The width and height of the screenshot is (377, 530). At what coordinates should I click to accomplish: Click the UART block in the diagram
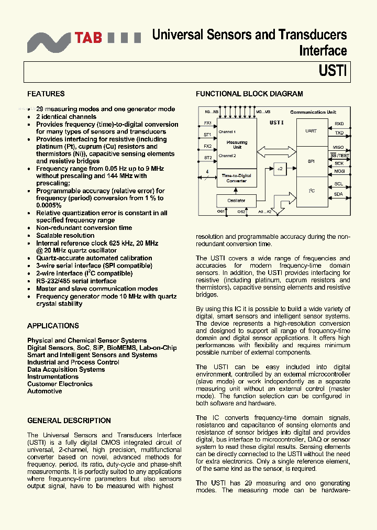point(311,131)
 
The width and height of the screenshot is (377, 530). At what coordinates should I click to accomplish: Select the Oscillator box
point(237,201)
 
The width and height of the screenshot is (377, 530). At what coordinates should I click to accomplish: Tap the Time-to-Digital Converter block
point(237,178)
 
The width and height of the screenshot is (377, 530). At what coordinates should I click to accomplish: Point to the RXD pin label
point(339,124)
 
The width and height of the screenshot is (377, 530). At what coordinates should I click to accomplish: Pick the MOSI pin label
point(339,171)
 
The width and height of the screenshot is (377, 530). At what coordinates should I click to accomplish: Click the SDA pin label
point(339,194)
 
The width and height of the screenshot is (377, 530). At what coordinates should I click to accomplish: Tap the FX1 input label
point(208,123)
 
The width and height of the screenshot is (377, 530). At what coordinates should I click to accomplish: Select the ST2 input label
point(208,158)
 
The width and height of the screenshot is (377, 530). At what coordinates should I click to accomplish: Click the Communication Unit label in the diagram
point(313,112)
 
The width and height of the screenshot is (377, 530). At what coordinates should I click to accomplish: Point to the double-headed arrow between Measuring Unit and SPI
point(276,151)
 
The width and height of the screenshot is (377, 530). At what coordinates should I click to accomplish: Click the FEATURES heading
point(46,94)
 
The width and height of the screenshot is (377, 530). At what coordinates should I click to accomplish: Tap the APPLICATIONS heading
point(53,326)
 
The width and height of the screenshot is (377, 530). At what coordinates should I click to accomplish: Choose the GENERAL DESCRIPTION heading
point(69,421)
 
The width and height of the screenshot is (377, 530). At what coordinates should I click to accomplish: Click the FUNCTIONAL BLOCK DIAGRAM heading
point(249,94)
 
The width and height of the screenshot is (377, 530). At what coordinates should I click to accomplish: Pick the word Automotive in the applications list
point(45,391)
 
